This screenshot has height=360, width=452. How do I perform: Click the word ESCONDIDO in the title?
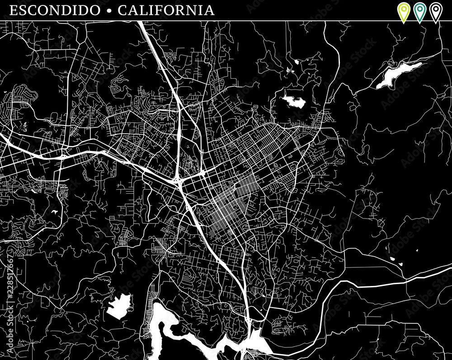54,10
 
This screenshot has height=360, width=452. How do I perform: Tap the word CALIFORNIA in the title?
166,10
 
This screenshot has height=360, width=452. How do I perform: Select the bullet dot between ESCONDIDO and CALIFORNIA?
108,10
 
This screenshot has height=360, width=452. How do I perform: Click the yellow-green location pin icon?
403,11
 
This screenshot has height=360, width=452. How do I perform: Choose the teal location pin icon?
419,11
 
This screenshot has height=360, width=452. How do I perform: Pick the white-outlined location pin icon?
435,11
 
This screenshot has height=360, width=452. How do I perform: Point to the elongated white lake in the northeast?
398,75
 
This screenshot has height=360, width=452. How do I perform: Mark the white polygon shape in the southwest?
119,306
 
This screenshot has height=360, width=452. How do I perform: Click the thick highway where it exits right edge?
447,267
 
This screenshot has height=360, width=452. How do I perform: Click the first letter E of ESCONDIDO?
14,10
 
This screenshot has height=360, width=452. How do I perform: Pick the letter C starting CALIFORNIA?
122,10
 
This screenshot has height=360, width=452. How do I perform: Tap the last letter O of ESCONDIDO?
94,10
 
